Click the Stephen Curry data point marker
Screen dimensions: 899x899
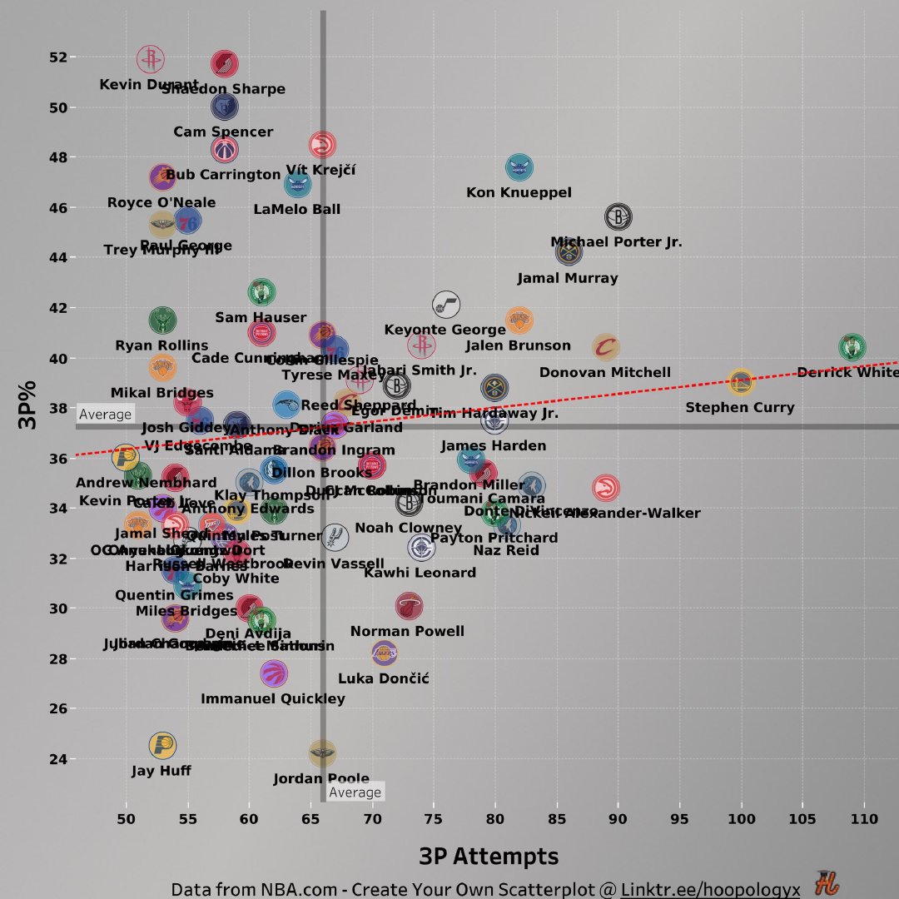(x=740, y=383)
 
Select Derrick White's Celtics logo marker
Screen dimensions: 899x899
(x=852, y=347)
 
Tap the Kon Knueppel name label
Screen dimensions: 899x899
(x=519, y=193)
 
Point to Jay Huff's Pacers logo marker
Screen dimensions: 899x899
(x=162, y=746)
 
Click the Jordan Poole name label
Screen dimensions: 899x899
(x=321, y=779)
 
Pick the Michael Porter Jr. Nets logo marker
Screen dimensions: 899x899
(x=618, y=218)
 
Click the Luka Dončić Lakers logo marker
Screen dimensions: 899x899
(x=384, y=654)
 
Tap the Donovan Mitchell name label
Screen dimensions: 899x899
(x=604, y=373)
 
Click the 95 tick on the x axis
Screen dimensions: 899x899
(x=679, y=819)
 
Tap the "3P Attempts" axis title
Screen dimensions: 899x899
(x=488, y=857)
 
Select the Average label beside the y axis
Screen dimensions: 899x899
(x=106, y=415)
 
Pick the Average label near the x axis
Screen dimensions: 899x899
(x=355, y=792)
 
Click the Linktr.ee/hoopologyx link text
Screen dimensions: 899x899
(x=710, y=890)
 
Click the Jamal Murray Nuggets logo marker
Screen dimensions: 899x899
(x=569, y=251)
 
